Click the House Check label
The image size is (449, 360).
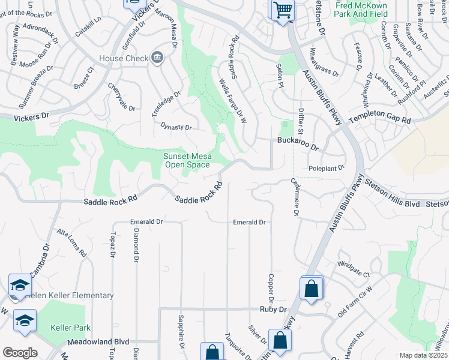coord(124,58)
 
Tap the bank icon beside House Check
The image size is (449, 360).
coord(157,58)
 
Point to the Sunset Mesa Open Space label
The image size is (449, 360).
coord(187,160)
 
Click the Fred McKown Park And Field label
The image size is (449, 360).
coord(361,9)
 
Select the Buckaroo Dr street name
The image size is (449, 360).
coord(297,142)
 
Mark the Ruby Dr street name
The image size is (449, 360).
coord(274,310)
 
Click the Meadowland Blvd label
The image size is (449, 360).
coord(100,341)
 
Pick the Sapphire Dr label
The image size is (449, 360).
coord(181,333)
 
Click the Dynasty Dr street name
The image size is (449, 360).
coord(176,127)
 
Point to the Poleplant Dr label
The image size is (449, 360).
coord(327,169)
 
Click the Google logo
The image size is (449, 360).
coord(20,353)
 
